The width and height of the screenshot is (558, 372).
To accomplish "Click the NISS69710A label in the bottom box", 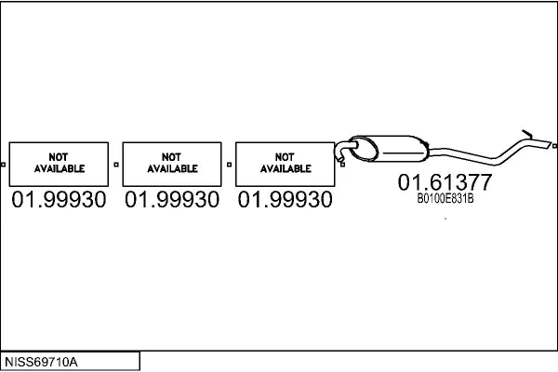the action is tap(41, 362).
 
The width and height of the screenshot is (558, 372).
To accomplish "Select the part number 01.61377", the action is tap(445, 182).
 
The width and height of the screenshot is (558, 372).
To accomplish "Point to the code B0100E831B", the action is tap(445, 198).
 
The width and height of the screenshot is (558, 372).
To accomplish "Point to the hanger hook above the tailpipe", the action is tap(527, 134).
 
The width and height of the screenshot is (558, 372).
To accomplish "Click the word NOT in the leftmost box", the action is tap(59, 157).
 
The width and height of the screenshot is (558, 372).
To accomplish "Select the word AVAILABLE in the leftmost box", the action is tap(60, 168).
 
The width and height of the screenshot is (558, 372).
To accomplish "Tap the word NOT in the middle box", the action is tap(171, 157).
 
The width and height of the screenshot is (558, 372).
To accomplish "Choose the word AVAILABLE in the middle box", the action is tap(173, 168).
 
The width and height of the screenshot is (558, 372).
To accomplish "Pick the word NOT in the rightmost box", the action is tap(285, 157).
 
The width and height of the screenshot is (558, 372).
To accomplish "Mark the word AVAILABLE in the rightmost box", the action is tap(286, 168).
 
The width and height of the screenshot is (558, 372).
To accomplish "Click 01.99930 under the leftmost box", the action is tap(59, 199).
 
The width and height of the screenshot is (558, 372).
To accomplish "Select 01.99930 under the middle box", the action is tap(172, 199).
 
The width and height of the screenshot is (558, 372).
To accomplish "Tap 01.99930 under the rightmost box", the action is tap(286, 199).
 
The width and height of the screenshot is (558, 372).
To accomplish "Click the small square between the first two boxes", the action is tap(116, 165).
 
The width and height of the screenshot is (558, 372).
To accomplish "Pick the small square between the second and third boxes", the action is tap(229, 165).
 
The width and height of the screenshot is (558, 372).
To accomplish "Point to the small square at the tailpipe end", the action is tap(555, 146).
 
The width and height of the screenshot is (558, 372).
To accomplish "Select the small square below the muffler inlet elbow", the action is tap(342, 165).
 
